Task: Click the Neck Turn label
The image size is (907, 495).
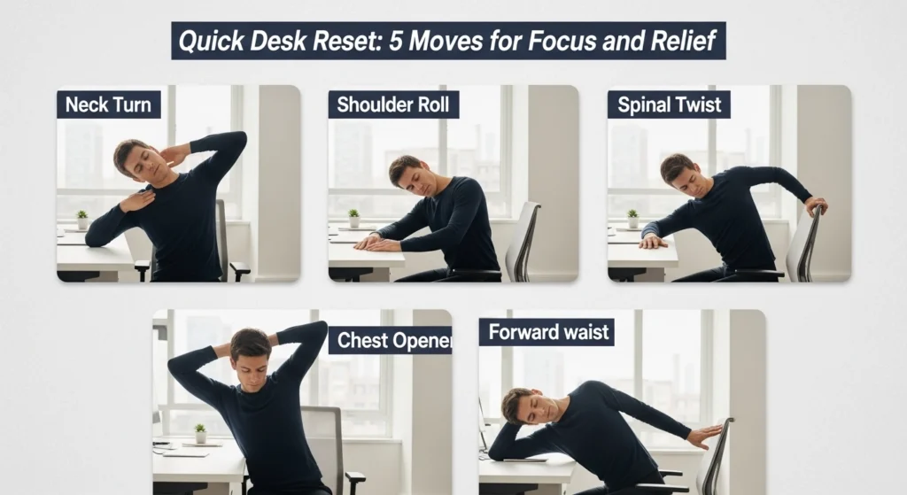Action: click(x=108, y=104)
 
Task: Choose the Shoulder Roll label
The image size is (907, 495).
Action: click(x=393, y=104)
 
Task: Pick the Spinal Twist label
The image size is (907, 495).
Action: click(x=671, y=104)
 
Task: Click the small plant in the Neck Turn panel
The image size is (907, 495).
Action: click(x=81, y=218)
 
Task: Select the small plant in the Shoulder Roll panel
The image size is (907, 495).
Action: click(x=353, y=217)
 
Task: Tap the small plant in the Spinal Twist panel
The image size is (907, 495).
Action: click(x=632, y=217)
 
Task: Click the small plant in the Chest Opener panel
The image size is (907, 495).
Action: click(x=200, y=432)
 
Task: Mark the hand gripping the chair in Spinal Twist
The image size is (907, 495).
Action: click(x=815, y=205)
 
